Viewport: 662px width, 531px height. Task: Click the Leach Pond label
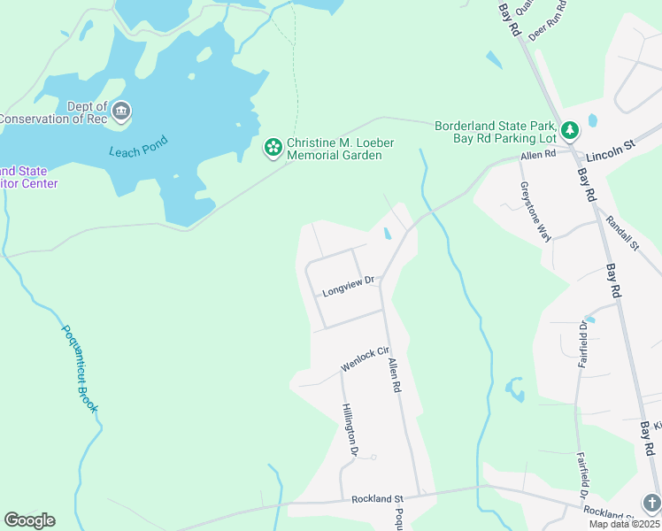[138, 151]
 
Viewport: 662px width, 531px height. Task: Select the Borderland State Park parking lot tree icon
[571, 131]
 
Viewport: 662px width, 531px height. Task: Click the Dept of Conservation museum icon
[121, 112]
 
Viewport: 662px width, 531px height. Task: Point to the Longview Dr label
[349, 286]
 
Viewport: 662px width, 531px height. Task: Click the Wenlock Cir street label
[366, 359]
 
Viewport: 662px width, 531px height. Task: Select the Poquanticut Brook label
[80, 368]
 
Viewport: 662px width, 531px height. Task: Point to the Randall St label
[623, 233]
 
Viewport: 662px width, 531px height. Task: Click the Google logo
[29, 520]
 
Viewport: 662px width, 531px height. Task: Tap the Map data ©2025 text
[624, 524]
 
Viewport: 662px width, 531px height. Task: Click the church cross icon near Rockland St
[651, 503]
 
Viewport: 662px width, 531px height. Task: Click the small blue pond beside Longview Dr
[388, 235]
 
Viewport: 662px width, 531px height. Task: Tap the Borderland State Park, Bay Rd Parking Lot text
[496, 131]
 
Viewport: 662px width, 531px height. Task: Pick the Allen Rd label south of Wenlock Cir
[395, 375]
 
